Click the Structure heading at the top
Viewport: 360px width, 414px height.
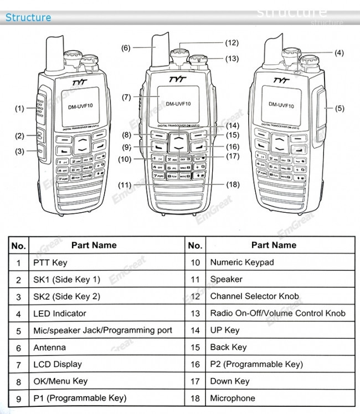coord(28,17)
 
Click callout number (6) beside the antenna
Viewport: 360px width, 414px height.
coord(126,48)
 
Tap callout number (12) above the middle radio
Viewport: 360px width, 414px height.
coord(232,43)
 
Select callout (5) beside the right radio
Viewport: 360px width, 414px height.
coord(340,108)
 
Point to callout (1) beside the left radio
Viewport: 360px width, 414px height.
coord(19,108)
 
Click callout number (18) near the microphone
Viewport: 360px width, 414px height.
coord(233,185)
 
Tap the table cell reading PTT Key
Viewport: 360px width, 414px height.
coord(50,262)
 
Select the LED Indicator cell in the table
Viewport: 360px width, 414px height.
coord(60,313)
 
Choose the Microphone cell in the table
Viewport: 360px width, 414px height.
coord(233,398)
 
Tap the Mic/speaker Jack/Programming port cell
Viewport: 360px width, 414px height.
coord(102,330)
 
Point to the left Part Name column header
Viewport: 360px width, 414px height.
coord(94,245)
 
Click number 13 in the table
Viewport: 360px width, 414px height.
coord(195,313)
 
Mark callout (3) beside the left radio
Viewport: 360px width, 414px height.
coord(19,151)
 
